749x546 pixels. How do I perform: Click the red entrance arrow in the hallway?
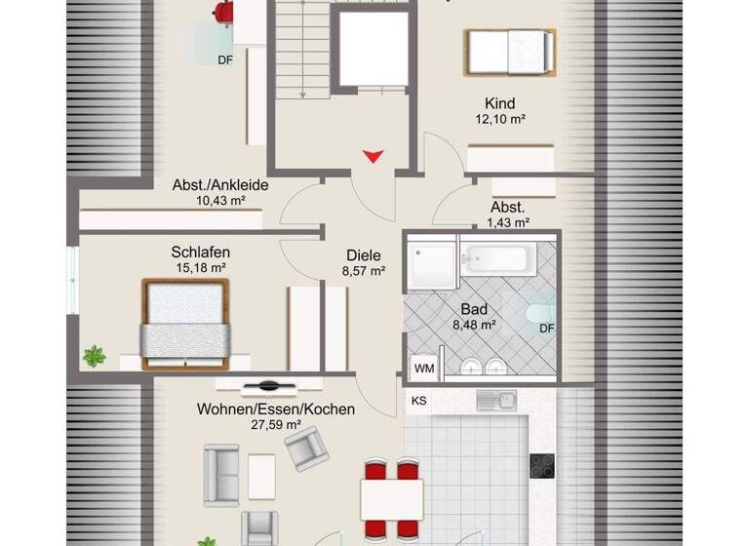(373, 156)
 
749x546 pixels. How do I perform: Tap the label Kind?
(499, 103)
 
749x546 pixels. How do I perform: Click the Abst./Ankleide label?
(220, 185)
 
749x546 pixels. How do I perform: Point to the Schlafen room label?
(201, 252)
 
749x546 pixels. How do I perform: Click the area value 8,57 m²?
(363, 272)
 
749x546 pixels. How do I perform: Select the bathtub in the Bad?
(497, 259)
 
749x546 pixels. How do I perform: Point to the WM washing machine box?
(424, 369)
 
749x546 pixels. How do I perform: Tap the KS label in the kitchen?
(419, 401)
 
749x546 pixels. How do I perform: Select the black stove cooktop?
(542, 466)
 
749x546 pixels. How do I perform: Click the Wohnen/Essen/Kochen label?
(275, 409)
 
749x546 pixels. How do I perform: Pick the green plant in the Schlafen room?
(95, 357)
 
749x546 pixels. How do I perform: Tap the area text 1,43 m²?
(508, 222)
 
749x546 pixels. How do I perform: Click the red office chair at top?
(224, 13)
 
